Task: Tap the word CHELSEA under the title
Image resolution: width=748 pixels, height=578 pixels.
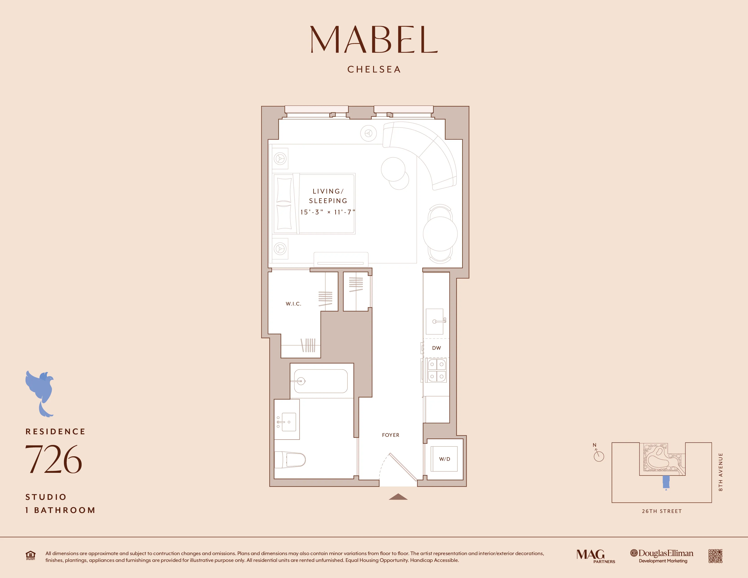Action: (x=374, y=70)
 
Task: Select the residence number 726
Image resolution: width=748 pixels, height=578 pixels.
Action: (x=53, y=459)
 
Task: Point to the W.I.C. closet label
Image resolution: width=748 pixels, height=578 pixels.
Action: (x=294, y=304)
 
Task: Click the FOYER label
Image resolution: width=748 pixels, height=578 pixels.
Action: (x=391, y=435)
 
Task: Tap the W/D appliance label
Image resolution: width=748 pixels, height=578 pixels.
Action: (x=444, y=459)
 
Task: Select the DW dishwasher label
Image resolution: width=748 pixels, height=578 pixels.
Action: (x=436, y=348)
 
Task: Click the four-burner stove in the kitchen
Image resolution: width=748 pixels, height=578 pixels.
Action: (x=437, y=371)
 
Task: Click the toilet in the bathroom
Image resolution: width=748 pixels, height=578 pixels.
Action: (x=291, y=459)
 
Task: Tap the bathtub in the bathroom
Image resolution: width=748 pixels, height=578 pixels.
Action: (x=321, y=381)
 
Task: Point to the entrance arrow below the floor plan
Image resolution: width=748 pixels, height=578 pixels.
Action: (x=398, y=497)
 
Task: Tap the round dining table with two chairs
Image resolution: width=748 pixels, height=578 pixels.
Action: (x=440, y=234)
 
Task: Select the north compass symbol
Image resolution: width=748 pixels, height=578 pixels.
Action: (x=598, y=455)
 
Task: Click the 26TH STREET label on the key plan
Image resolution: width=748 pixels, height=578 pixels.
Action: (x=662, y=511)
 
